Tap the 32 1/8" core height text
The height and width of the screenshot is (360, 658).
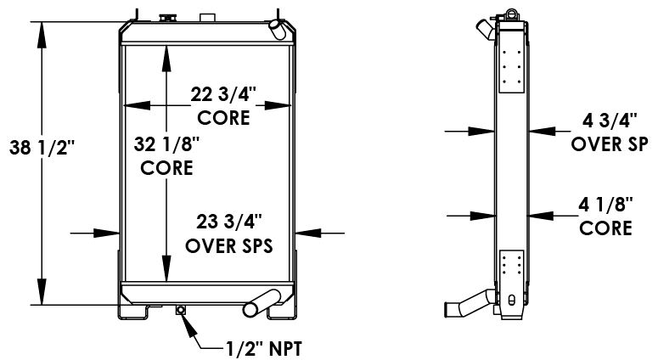tap(166, 145)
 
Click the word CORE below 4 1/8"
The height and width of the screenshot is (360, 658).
tap(606, 228)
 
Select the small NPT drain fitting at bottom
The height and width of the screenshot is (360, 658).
tap(180, 310)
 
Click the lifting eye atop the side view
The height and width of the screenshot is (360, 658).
tap(512, 11)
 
